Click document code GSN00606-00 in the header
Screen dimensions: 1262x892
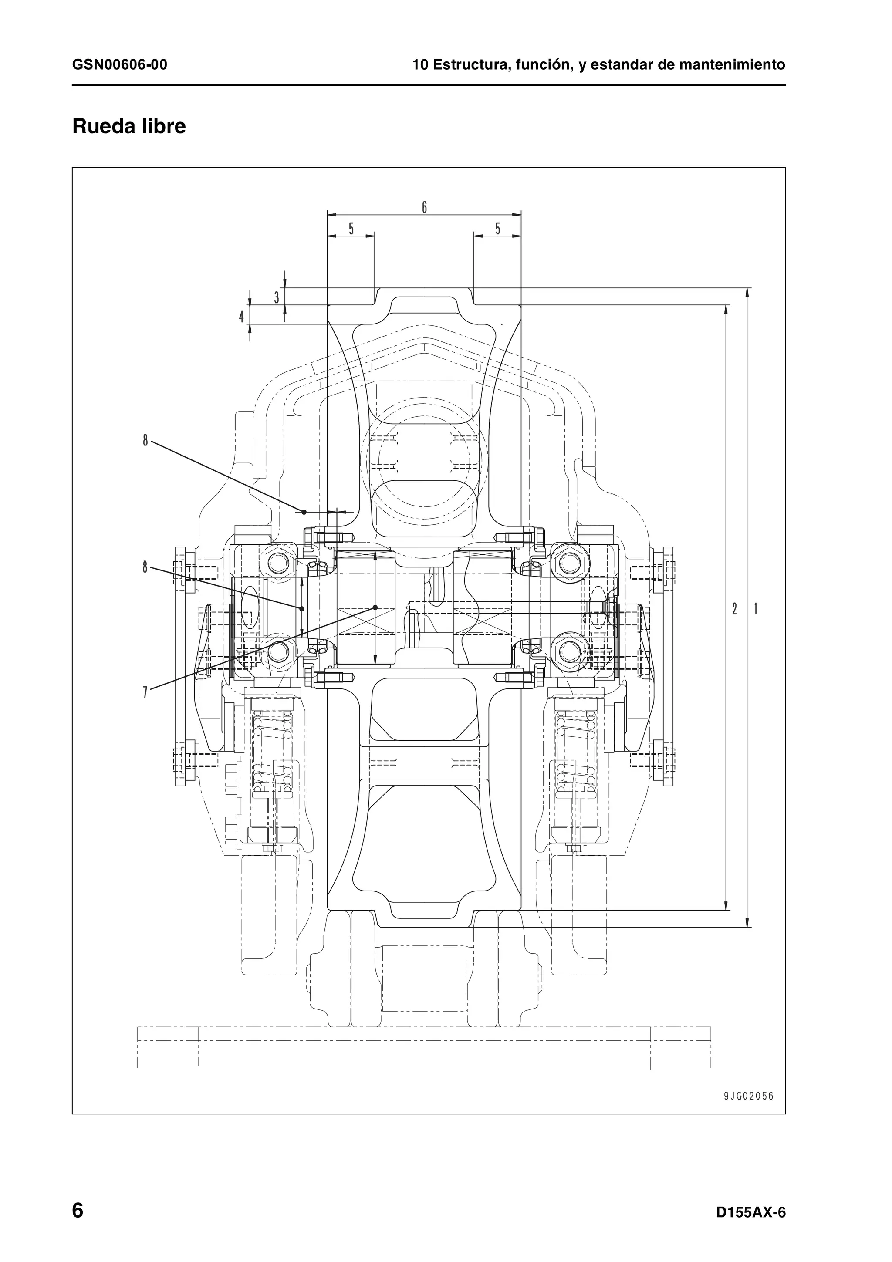coord(120,65)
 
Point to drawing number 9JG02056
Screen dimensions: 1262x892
coord(748,1096)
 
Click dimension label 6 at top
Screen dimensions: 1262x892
coord(424,208)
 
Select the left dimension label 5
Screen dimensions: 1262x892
coord(351,229)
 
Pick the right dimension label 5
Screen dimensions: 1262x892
coord(498,229)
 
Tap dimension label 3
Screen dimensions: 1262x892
coord(277,297)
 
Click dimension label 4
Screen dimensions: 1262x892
coord(241,317)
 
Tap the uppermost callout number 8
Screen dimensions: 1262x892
coord(145,440)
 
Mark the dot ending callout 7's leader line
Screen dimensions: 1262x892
coord(375,607)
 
